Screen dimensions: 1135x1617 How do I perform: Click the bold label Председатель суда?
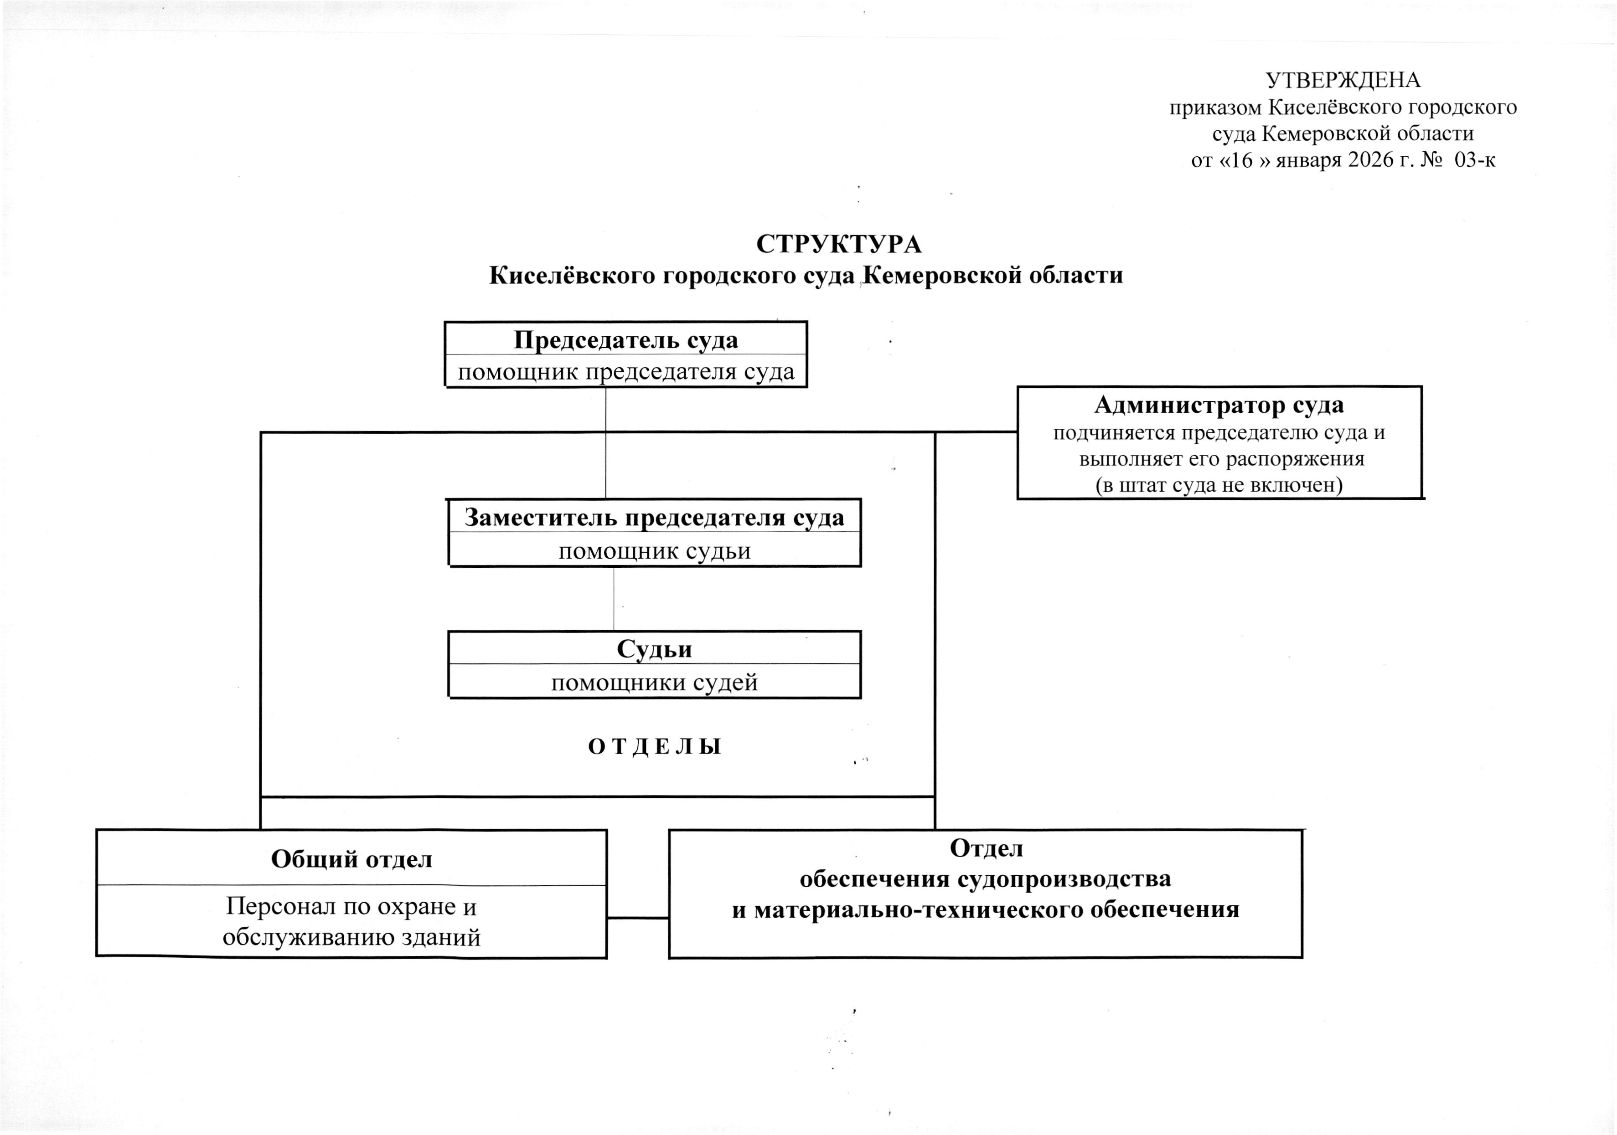click(x=625, y=340)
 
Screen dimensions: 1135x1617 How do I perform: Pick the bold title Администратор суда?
click(x=1219, y=405)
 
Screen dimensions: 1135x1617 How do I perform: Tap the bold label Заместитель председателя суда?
click(x=654, y=518)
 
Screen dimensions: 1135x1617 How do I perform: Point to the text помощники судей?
click(x=654, y=682)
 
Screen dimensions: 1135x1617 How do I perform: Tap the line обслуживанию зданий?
click(x=351, y=937)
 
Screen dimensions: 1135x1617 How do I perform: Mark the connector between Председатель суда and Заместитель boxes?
click(x=606, y=444)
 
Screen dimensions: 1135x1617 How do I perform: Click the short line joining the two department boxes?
click(x=637, y=918)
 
